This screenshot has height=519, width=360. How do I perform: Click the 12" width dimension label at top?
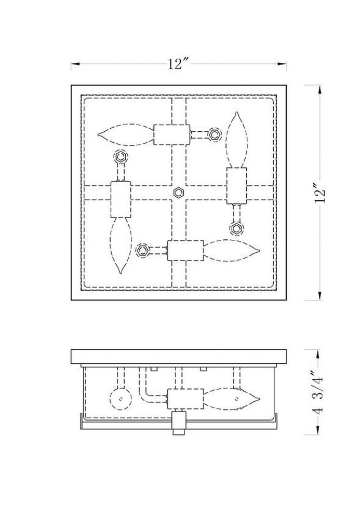point(178,63)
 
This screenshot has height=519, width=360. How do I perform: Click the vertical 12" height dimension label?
point(321,193)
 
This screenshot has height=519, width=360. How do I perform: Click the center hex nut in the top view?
point(179,193)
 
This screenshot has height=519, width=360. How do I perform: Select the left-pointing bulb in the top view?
point(126,134)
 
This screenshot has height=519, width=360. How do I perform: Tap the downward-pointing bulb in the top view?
point(121,245)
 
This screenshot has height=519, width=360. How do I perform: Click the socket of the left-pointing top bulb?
point(172,134)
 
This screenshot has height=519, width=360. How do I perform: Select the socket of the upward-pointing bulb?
point(236,185)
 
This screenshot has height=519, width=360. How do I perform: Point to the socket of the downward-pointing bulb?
point(121,199)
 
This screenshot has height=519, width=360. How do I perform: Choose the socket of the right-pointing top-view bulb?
point(185,251)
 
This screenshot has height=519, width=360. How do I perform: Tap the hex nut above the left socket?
point(121,157)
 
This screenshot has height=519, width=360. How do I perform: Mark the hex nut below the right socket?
point(236,228)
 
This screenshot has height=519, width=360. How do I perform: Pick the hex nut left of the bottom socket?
point(143,250)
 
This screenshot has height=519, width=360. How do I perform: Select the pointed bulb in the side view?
point(231,399)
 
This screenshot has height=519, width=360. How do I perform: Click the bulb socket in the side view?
point(185,399)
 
